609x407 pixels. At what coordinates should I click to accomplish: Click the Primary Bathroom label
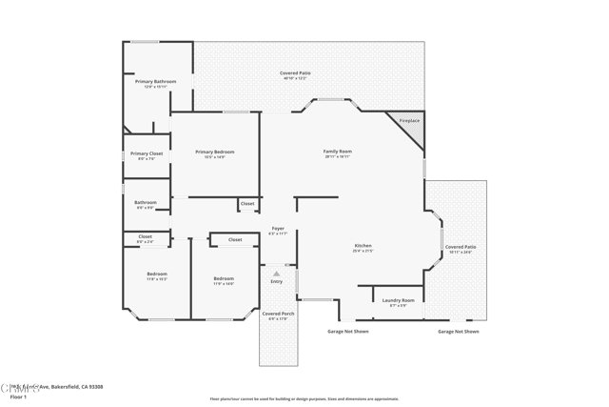[x=155, y=82]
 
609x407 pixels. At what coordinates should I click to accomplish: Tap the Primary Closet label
[x=147, y=153]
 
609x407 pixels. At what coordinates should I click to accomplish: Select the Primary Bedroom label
[x=214, y=153]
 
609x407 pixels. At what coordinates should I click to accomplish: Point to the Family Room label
[x=338, y=152]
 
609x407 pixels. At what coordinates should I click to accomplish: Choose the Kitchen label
[x=363, y=246]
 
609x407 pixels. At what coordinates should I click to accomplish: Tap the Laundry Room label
[x=398, y=301]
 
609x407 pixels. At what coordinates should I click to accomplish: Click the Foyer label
[x=278, y=229]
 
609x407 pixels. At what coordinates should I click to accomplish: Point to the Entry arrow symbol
[x=277, y=274]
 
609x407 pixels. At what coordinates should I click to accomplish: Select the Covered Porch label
[x=278, y=314]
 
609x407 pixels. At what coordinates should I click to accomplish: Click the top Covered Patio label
[x=295, y=73]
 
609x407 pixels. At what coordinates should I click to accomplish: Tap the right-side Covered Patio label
[x=462, y=247]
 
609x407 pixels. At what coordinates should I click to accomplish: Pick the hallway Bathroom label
[x=146, y=202]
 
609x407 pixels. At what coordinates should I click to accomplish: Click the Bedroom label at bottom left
[x=157, y=275]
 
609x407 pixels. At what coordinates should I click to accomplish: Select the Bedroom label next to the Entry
[x=224, y=278]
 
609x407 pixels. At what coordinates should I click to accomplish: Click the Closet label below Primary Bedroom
[x=247, y=203]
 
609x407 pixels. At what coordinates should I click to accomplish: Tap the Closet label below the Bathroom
[x=145, y=236]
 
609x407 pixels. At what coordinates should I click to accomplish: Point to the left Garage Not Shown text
[x=347, y=332]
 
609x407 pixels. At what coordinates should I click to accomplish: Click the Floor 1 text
[x=18, y=397]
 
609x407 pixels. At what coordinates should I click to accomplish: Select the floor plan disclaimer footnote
[x=304, y=399]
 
